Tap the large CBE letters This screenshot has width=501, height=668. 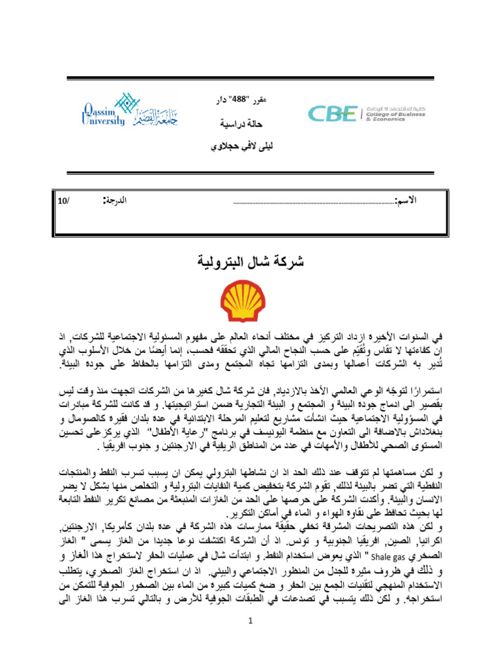[x=333, y=114]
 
